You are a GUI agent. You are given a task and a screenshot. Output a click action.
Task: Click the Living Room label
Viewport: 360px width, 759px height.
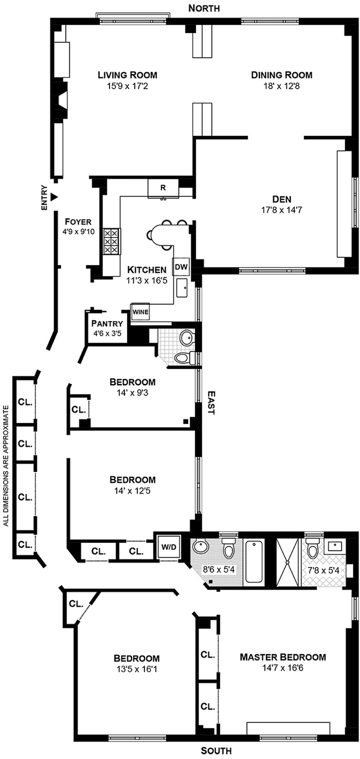128,75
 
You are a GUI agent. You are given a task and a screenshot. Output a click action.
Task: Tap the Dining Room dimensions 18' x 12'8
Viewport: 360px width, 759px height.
282,85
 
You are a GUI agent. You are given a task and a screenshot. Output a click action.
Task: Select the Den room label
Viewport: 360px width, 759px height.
282,199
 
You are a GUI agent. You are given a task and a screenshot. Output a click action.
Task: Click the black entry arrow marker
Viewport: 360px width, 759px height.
54,197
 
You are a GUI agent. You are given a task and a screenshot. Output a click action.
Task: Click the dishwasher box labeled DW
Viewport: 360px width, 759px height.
181,267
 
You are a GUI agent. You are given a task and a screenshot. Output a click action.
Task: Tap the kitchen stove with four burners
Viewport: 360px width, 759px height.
112,242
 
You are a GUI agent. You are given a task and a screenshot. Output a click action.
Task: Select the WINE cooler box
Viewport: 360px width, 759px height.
140,312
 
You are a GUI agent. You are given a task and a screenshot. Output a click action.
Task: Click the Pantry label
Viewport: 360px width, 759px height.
107,323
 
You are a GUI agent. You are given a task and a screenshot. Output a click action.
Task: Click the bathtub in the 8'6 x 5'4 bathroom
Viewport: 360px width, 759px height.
255,563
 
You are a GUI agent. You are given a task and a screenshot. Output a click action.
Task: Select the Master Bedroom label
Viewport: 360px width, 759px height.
283,657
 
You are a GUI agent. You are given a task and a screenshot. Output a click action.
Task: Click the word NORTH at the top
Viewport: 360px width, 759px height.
204,8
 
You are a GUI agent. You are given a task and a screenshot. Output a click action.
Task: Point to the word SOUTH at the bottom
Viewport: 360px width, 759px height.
216,750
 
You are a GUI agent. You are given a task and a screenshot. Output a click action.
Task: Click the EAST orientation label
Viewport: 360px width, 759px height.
211,402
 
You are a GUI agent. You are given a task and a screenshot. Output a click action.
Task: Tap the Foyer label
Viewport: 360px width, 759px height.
78,221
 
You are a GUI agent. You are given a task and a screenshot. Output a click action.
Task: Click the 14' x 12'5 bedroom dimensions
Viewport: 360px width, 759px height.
132,490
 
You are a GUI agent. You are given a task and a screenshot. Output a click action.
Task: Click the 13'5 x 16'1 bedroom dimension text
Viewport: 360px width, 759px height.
136,669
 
